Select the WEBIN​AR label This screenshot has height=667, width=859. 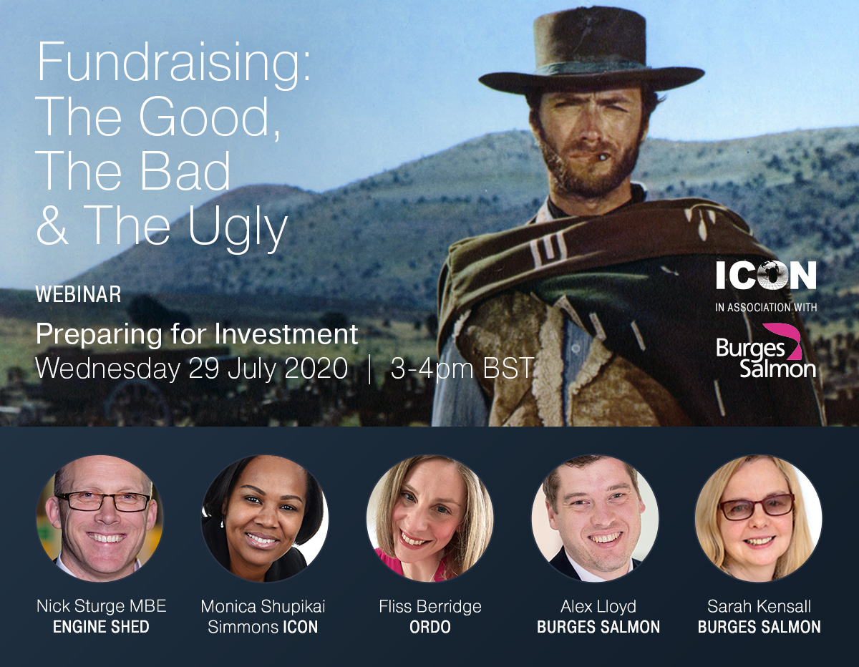point(78,294)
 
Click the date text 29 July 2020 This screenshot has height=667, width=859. point(268,369)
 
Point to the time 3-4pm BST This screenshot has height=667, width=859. point(462,369)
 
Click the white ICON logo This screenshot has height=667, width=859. point(766,275)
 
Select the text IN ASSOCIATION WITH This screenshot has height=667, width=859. point(766,307)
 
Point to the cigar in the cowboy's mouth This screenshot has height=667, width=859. point(601,157)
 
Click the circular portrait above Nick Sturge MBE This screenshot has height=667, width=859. point(100,518)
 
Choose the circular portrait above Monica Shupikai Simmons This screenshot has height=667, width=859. point(265,518)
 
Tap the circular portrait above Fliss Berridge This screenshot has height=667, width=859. point(429,518)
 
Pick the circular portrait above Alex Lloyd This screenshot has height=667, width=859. point(595,518)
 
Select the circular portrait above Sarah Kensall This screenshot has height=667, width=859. point(759,518)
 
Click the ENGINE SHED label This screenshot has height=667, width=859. point(101,627)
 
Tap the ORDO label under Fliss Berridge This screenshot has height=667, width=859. point(430,627)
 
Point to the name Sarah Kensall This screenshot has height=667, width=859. point(759,606)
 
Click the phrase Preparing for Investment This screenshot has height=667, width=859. point(197,335)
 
